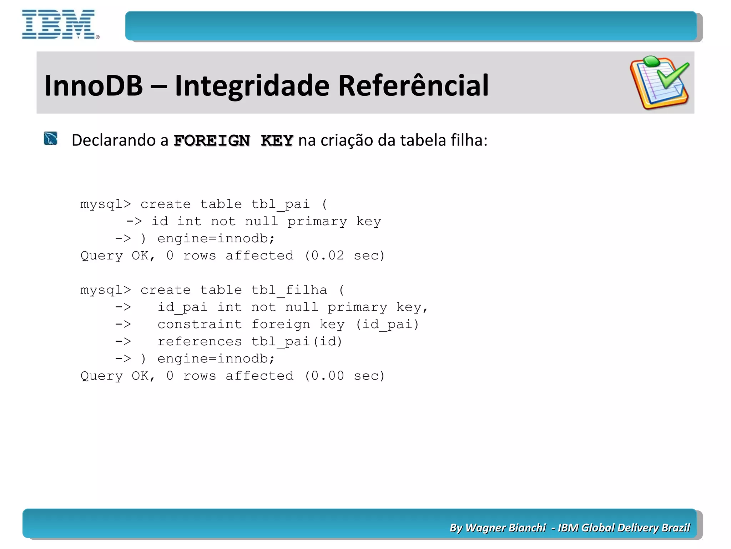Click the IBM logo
point(60,24)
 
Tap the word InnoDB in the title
point(94,86)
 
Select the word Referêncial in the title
point(413,86)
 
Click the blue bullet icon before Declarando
point(50,139)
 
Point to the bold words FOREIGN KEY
point(233,140)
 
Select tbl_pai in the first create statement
point(280,204)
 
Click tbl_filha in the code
point(289,290)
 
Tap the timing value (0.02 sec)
point(344,256)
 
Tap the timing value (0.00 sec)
point(344,376)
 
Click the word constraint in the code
point(200,324)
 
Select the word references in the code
point(200,341)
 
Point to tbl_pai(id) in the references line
point(297,341)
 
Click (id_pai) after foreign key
point(387,324)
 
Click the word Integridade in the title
point(252,86)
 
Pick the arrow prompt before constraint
point(123,324)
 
